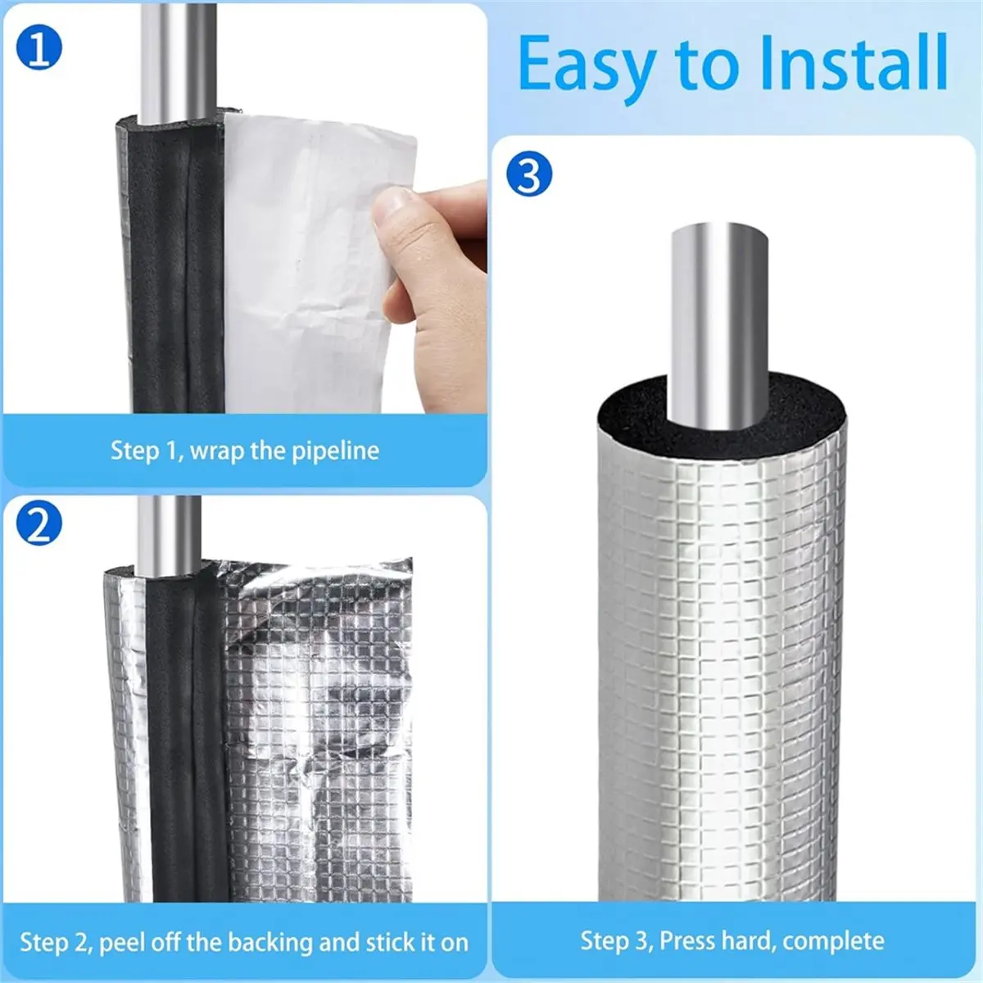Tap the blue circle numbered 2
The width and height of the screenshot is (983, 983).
(x=39, y=526)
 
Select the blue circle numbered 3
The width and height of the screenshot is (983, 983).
(x=529, y=175)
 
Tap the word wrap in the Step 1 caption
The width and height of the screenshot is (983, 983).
(x=217, y=451)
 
